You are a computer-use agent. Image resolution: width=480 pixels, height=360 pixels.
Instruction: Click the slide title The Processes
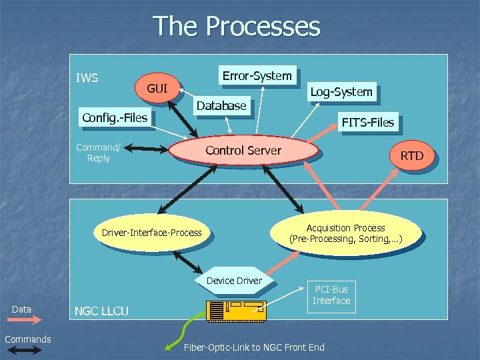tap(237, 27)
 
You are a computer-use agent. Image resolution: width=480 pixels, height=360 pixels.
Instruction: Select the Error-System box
tap(257, 76)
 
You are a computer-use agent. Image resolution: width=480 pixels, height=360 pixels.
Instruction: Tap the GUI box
tap(157, 89)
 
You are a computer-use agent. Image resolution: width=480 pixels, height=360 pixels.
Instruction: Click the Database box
tap(221, 105)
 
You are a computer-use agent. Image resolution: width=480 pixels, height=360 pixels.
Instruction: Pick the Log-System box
tap(341, 92)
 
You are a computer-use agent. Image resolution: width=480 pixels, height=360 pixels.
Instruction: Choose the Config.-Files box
tap(114, 119)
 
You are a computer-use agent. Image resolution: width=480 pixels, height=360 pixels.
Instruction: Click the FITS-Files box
tap(367, 122)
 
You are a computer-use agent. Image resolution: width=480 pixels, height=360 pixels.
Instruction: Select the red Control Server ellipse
tap(243, 151)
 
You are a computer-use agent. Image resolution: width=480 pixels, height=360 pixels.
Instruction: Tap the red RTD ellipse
tap(411, 156)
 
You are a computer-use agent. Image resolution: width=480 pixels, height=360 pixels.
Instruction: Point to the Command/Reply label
tap(98, 153)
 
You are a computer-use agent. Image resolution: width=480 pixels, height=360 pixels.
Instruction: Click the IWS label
tap(87, 78)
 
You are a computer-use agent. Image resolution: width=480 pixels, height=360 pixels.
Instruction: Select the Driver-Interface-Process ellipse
tap(151, 233)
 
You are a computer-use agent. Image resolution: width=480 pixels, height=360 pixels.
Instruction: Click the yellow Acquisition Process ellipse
tap(345, 233)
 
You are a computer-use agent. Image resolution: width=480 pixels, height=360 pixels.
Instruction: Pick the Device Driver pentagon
tap(234, 281)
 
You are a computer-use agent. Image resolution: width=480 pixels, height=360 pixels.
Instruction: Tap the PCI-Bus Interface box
tap(331, 295)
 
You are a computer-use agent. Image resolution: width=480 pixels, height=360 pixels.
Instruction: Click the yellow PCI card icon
tap(237, 310)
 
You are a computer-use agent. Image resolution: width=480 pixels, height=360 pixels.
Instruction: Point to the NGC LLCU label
tap(101, 311)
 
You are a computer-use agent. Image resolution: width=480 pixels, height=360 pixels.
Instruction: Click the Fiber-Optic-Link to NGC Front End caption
tap(254, 347)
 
